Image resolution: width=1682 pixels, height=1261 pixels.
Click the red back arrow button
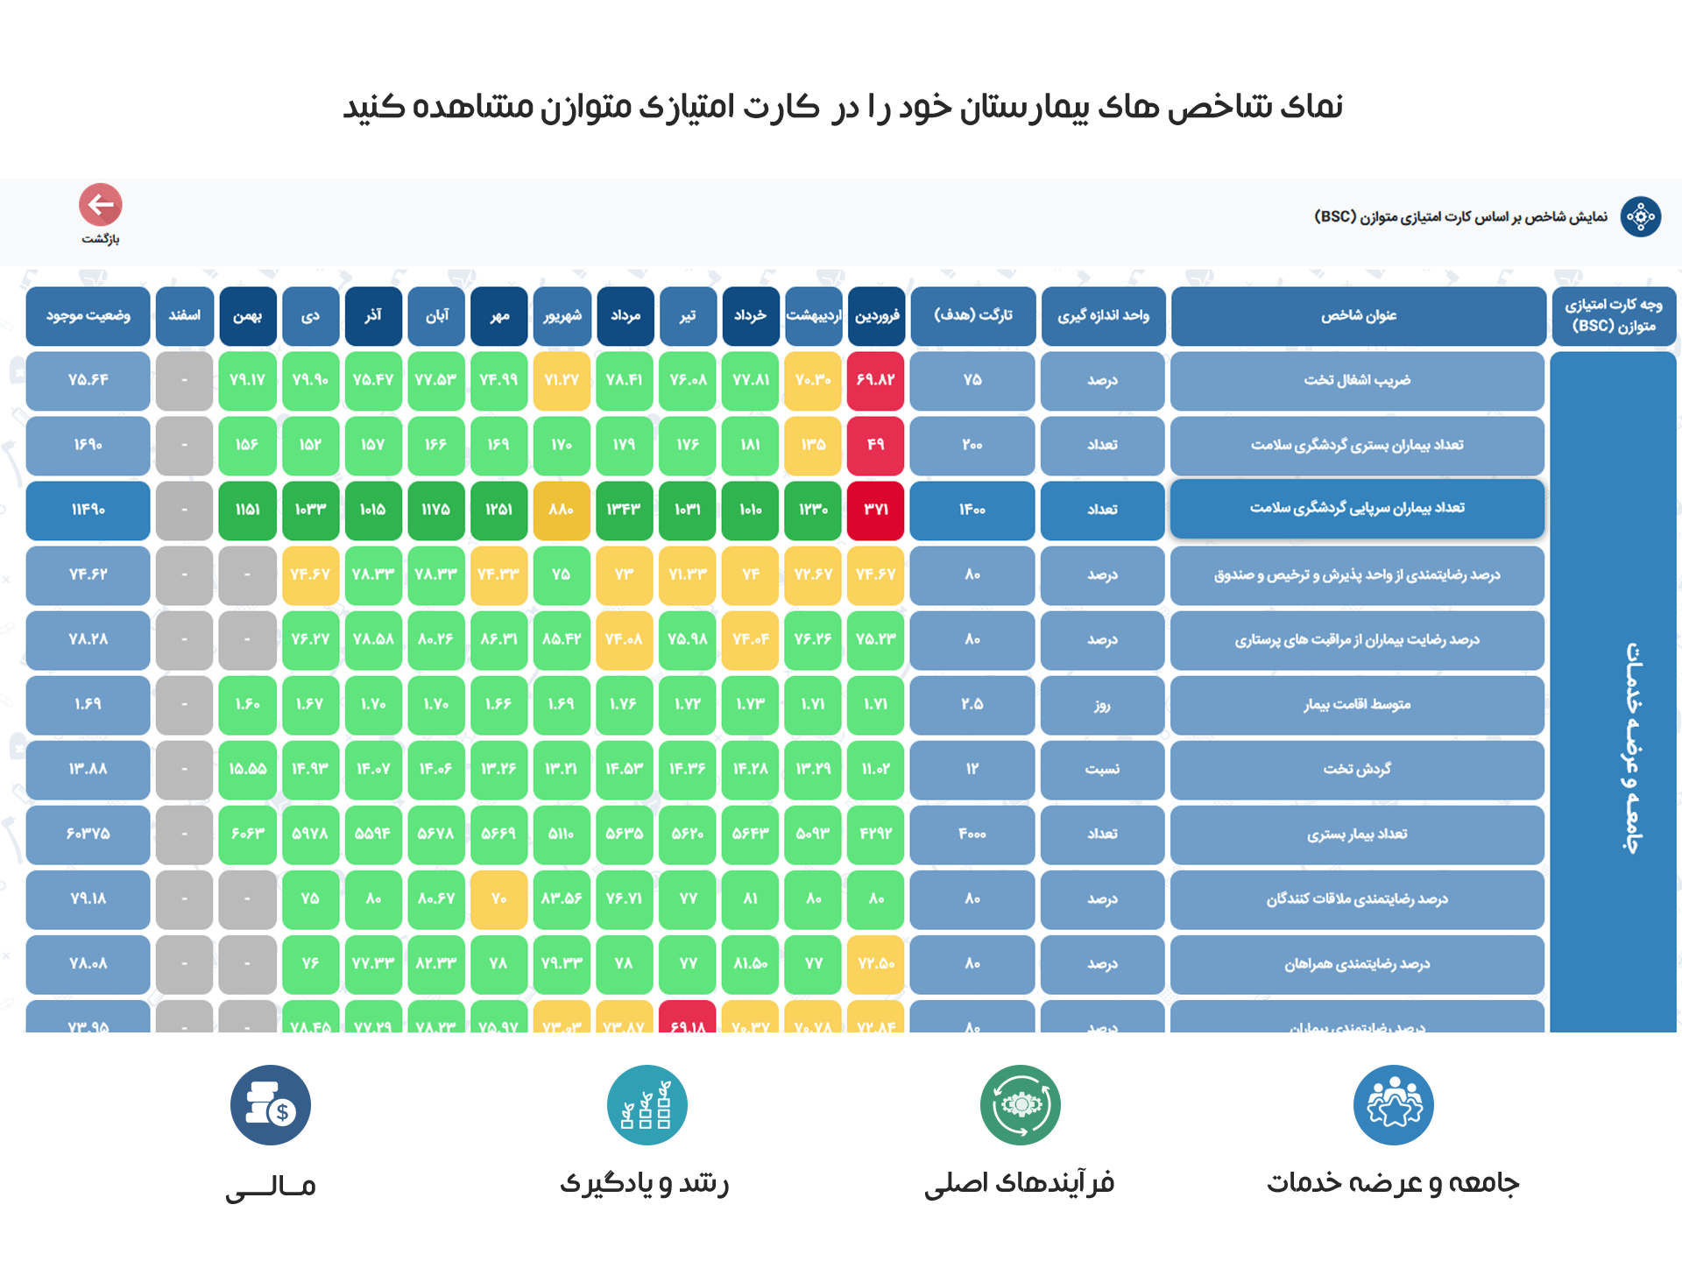click(101, 205)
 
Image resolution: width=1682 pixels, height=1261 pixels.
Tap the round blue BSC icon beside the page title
click(1640, 216)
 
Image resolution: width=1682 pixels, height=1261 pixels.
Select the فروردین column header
click(876, 316)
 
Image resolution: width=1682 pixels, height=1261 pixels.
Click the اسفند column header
click(184, 316)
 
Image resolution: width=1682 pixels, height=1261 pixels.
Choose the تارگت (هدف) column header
click(972, 316)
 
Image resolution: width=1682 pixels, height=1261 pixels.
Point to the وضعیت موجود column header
click(88, 316)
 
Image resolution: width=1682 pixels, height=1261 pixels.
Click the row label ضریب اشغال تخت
click(1357, 381)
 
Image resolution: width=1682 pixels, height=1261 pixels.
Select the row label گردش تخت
click(1357, 770)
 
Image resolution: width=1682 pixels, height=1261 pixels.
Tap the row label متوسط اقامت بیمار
click(1357, 705)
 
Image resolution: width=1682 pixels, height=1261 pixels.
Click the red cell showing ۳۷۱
click(876, 510)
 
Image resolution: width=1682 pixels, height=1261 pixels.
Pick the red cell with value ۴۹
click(876, 445)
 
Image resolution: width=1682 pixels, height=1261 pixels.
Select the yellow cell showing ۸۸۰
click(562, 510)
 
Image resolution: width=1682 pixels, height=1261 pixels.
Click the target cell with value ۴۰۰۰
click(972, 835)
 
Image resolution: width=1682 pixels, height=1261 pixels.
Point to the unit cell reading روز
click(1102, 705)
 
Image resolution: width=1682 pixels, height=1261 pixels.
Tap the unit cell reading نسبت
click(1102, 770)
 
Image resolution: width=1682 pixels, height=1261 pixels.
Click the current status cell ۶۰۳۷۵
click(88, 835)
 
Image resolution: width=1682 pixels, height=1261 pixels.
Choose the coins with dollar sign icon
click(271, 1105)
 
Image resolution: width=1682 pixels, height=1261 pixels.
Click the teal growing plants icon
click(647, 1105)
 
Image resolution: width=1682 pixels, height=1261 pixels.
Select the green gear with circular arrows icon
click(1021, 1105)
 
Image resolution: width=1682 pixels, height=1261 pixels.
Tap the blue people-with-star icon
click(1394, 1105)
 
